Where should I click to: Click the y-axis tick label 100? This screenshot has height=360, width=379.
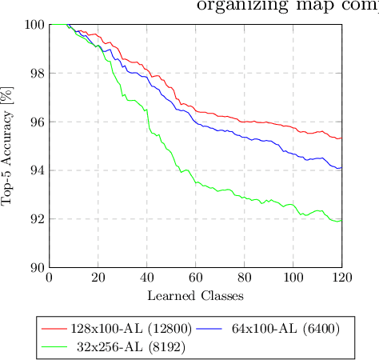[x=34, y=25]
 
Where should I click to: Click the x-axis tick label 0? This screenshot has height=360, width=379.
[x=50, y=278]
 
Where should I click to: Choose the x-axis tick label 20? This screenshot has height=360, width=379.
[x=98, y=278]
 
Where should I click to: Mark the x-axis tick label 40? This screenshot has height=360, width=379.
[x=147, y=278]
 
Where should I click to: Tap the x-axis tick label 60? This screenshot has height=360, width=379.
[x=196, y=278]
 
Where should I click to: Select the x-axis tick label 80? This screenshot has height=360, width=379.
[x=245, y=278]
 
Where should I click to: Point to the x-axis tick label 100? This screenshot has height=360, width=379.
[x=293, y=278]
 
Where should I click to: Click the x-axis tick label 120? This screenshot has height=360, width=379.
[x=341, y=278]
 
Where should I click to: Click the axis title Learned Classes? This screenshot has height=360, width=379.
[x=196, y=295]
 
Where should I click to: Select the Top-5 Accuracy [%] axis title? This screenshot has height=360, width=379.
[x=10, y=146]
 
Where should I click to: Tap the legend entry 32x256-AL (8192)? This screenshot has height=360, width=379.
[x=121, y=347]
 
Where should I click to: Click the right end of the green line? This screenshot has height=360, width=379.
[x=341, y=221]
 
